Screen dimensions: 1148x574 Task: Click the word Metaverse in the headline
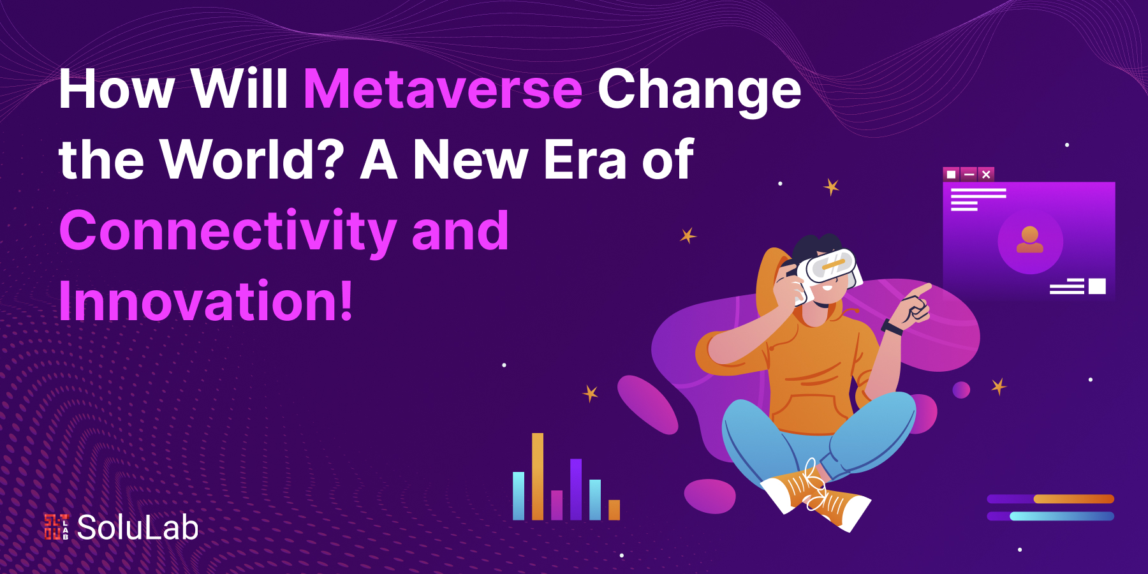point(443,89)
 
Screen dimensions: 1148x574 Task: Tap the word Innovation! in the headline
point(205,300)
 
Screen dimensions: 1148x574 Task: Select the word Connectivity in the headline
point(228,232)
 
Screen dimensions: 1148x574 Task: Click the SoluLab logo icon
point(56,527)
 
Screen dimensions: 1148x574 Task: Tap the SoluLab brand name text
point(138,527)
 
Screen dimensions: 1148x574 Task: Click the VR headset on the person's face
point(827,267)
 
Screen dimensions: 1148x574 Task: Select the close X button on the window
point(986,174)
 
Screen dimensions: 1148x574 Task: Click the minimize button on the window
point(969,174)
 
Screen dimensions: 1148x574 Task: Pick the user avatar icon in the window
point(1029,240)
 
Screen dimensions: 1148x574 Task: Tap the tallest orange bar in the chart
point(538,476)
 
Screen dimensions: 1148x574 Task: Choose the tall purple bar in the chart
point(576,489)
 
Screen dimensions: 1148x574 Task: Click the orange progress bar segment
point(1073,499)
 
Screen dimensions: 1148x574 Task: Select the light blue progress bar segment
point(1062,516)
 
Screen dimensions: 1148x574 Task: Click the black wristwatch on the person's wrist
point(892,328)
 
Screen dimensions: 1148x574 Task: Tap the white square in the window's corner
point(1097,286)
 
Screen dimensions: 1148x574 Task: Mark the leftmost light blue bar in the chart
point(519,496)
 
